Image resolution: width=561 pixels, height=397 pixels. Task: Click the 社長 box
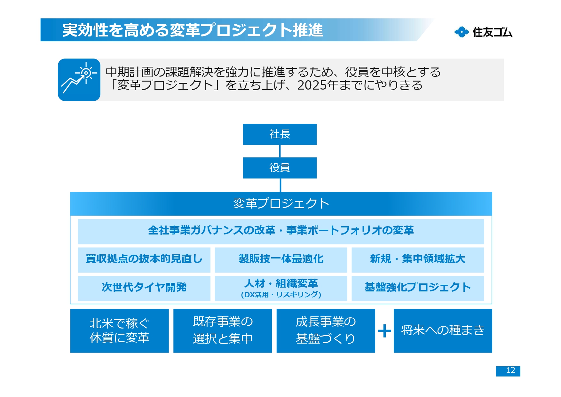(280, 134)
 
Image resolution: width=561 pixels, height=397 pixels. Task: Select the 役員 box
(280, 168)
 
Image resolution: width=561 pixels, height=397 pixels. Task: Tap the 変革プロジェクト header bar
(281, 203)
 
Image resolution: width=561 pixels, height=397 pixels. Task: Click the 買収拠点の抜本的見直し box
(144, 259)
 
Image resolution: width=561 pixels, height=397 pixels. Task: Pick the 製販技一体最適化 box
(281, 259)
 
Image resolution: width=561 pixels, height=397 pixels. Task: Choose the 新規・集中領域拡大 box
(417, 259)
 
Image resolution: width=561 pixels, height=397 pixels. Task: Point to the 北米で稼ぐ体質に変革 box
(119, 331)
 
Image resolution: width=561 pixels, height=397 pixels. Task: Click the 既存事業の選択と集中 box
(223, 331)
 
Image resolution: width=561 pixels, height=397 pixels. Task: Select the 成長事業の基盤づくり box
(326, 331)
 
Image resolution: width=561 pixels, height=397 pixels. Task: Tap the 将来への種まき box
(443, 331)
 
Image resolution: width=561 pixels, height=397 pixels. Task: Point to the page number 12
(508, 371)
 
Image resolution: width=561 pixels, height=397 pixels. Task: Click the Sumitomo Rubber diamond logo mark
(462, 32)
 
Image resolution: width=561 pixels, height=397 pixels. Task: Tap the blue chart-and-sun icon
(79, 80)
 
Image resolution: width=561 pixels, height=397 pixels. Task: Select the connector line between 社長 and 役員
(280, 151)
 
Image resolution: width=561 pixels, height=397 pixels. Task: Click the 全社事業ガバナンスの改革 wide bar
(281, 231)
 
